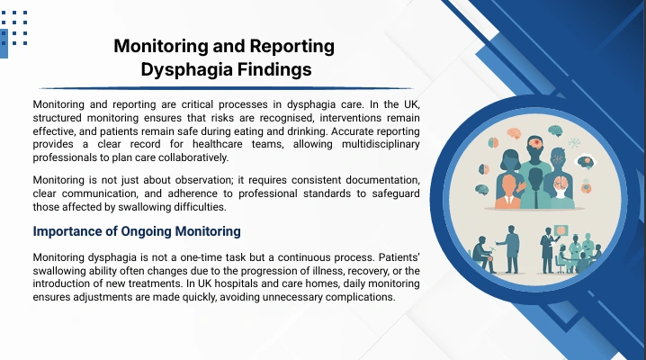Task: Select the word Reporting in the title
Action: (x=292, y=46)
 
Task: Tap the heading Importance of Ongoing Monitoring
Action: (x=137, y=231)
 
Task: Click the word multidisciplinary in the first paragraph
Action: (x=381, y=144)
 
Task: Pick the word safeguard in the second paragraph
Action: (x=396, y=193)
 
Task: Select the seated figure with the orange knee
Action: (x=482, y=255)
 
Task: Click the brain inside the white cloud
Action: (x=586, y=161)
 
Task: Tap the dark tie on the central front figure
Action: (x=536, y=198)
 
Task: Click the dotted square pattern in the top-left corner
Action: (x=14, y=27)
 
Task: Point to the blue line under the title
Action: (x=226, y=88)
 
